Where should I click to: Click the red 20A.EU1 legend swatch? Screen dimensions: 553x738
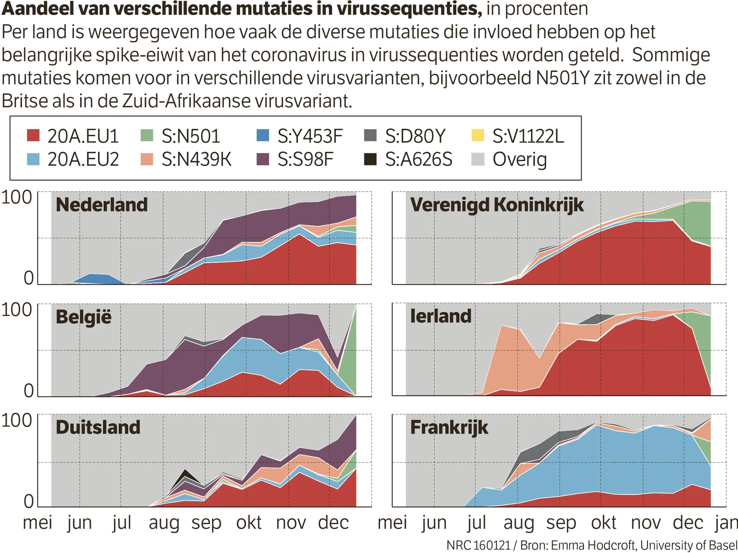pyautogui.click(x=33, y=135)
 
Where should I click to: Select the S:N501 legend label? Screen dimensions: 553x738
pyautogui.click(x=191, y=136)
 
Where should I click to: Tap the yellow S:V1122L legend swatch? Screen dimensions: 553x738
pyautogui.click(x=478, y=135)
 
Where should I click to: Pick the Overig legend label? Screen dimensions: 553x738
pyautogui.click(x=520, y=159)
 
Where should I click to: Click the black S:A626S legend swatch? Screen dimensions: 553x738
pyautogui.click(x=370, y=159)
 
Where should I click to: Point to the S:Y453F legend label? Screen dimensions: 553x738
pyautogui.click(x=310, y=136)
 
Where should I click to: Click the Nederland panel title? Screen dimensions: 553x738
pyautogui.click(x=101, y=204)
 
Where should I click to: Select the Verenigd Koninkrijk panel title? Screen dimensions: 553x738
pyautogui.click(x=497, y=204)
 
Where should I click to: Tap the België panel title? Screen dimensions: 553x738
pyautogui.click(x=83, y=317)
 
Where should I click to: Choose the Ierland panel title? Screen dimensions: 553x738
pyautogui.click(x=440, y=316)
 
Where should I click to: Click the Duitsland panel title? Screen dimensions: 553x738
pyautogui.click(x=98, y=427)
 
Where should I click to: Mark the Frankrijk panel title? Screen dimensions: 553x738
pyautogui.click(x=449, y=427)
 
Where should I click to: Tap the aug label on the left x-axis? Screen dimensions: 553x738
pyautogui.click(x=165, y=523)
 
